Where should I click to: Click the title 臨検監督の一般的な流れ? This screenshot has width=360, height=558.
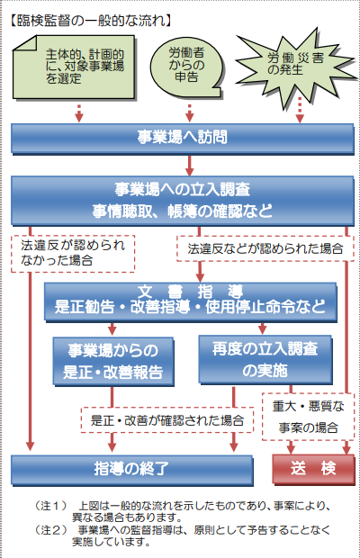90,21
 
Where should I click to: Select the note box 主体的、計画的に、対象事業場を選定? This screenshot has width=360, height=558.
74,67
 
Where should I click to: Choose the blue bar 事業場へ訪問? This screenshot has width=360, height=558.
182,138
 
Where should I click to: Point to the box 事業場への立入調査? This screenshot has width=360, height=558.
182,201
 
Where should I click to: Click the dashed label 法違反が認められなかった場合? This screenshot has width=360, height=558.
73,254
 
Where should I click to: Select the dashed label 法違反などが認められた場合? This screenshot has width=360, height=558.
265,248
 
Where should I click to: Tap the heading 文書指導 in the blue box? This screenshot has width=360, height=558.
190,292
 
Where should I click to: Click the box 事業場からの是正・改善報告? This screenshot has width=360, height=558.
113,361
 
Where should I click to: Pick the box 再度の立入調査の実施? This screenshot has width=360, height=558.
265,360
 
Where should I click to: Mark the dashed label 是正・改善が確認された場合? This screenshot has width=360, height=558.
167,420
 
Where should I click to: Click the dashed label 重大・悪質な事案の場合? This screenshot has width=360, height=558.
308,417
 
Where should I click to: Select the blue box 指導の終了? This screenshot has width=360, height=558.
131,470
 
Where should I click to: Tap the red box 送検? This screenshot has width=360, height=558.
313,469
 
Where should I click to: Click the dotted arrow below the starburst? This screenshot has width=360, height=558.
300,111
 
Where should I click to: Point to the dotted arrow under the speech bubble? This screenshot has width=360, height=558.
190,113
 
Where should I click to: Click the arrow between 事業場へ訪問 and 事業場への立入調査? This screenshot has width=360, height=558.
190,165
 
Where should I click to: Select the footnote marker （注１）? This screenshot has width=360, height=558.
51,506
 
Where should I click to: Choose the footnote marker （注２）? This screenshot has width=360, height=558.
51,530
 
